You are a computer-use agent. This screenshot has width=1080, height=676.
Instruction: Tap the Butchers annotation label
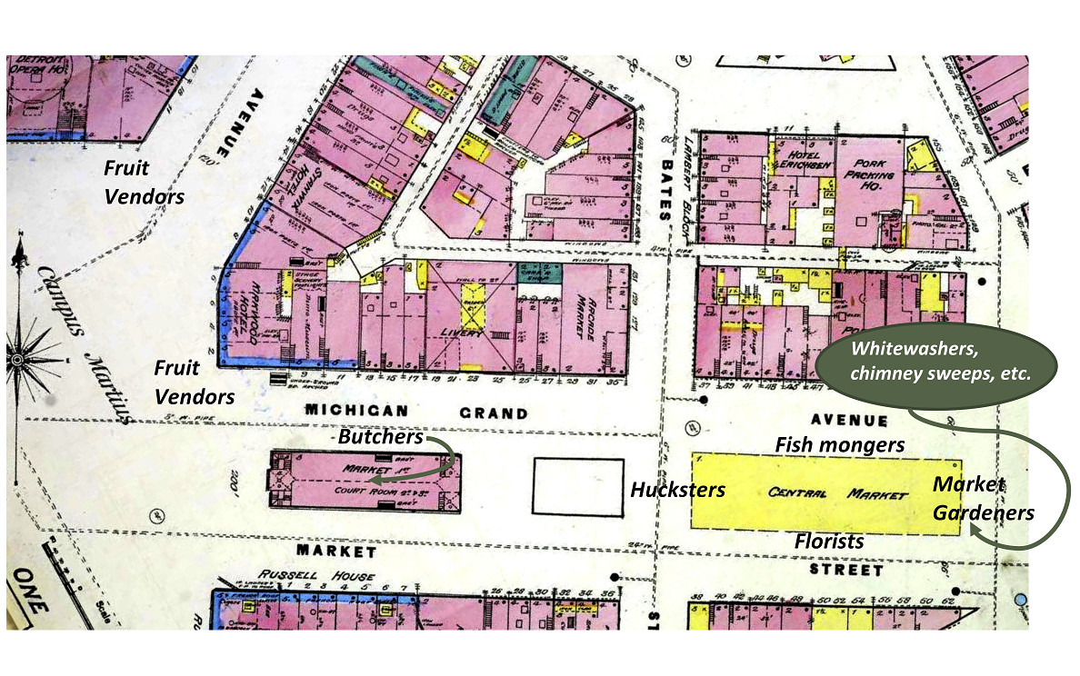(381, 437)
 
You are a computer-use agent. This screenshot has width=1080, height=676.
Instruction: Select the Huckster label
(678, 490)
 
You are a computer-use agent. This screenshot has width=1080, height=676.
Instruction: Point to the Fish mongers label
(839, 444)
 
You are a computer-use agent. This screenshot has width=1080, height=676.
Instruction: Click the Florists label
(829, 541)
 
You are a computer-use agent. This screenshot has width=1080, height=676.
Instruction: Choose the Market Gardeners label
(983, 498)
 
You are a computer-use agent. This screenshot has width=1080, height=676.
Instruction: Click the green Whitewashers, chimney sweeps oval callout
(936, 361)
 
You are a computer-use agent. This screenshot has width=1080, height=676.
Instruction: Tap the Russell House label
(315, 575)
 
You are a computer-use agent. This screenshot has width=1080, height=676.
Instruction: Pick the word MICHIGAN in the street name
(351, 411)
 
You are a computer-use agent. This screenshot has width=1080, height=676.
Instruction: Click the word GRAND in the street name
(493, 413)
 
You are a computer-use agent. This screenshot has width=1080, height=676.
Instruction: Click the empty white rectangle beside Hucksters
(577, 487)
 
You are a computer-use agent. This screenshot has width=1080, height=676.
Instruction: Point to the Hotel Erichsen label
(796, 160)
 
